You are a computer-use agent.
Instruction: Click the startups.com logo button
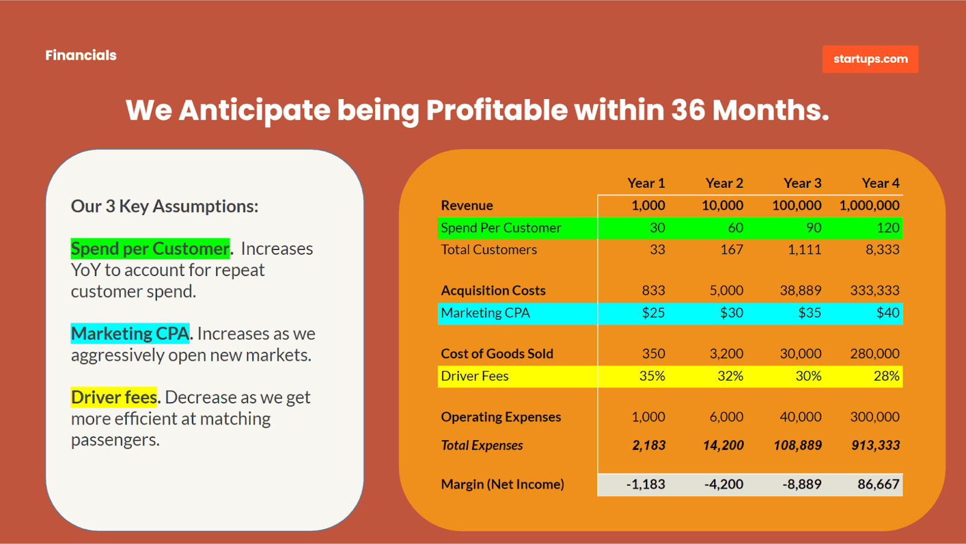point(870,59)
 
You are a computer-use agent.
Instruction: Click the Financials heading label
point(81,56)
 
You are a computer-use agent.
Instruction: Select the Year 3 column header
point(802,183)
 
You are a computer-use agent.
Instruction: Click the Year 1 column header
point(646,183)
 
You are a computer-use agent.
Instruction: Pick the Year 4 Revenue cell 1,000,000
point(869,205)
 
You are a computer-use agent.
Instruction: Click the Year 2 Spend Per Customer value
point(735,228)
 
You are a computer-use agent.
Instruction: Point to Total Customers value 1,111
point(804,249)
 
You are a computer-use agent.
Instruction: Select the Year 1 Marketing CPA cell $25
point(653,313)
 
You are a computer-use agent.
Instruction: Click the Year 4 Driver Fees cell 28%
point(886,376)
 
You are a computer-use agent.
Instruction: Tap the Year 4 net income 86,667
point(878,484)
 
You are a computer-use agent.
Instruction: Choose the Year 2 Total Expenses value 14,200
point(723,446)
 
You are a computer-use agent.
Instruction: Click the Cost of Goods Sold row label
point(497,354)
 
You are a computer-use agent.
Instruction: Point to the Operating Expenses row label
point(501,417)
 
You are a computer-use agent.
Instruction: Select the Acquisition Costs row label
point(493,290)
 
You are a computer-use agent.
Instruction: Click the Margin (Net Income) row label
point(502,484)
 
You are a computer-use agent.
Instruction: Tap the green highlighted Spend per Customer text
point(150,249)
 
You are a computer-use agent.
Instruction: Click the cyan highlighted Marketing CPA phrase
point(130,334)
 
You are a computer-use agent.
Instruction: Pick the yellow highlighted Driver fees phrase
point(114,397)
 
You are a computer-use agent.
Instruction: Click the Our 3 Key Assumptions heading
point(164,206)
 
